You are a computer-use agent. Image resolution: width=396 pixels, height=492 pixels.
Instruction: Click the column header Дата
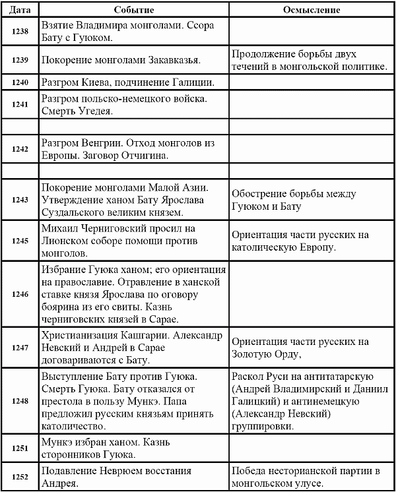20,11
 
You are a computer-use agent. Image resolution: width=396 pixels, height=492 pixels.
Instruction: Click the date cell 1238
20,31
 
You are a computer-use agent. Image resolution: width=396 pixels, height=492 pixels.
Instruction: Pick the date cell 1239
20,60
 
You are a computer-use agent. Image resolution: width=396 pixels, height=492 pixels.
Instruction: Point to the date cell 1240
20,82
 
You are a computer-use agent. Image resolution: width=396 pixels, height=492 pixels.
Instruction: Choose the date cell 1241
20,105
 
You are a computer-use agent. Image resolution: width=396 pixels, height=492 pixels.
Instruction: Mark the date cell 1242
20,150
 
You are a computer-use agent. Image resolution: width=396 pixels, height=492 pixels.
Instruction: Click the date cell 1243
20,200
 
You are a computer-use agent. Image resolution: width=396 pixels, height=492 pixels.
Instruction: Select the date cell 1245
20,241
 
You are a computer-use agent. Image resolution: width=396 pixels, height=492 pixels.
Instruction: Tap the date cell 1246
20,293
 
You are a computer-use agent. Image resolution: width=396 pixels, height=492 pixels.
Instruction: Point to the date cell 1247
20,346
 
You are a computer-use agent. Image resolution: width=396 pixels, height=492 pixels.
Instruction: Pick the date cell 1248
20,400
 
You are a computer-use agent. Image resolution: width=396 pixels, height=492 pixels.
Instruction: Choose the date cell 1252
20,477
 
